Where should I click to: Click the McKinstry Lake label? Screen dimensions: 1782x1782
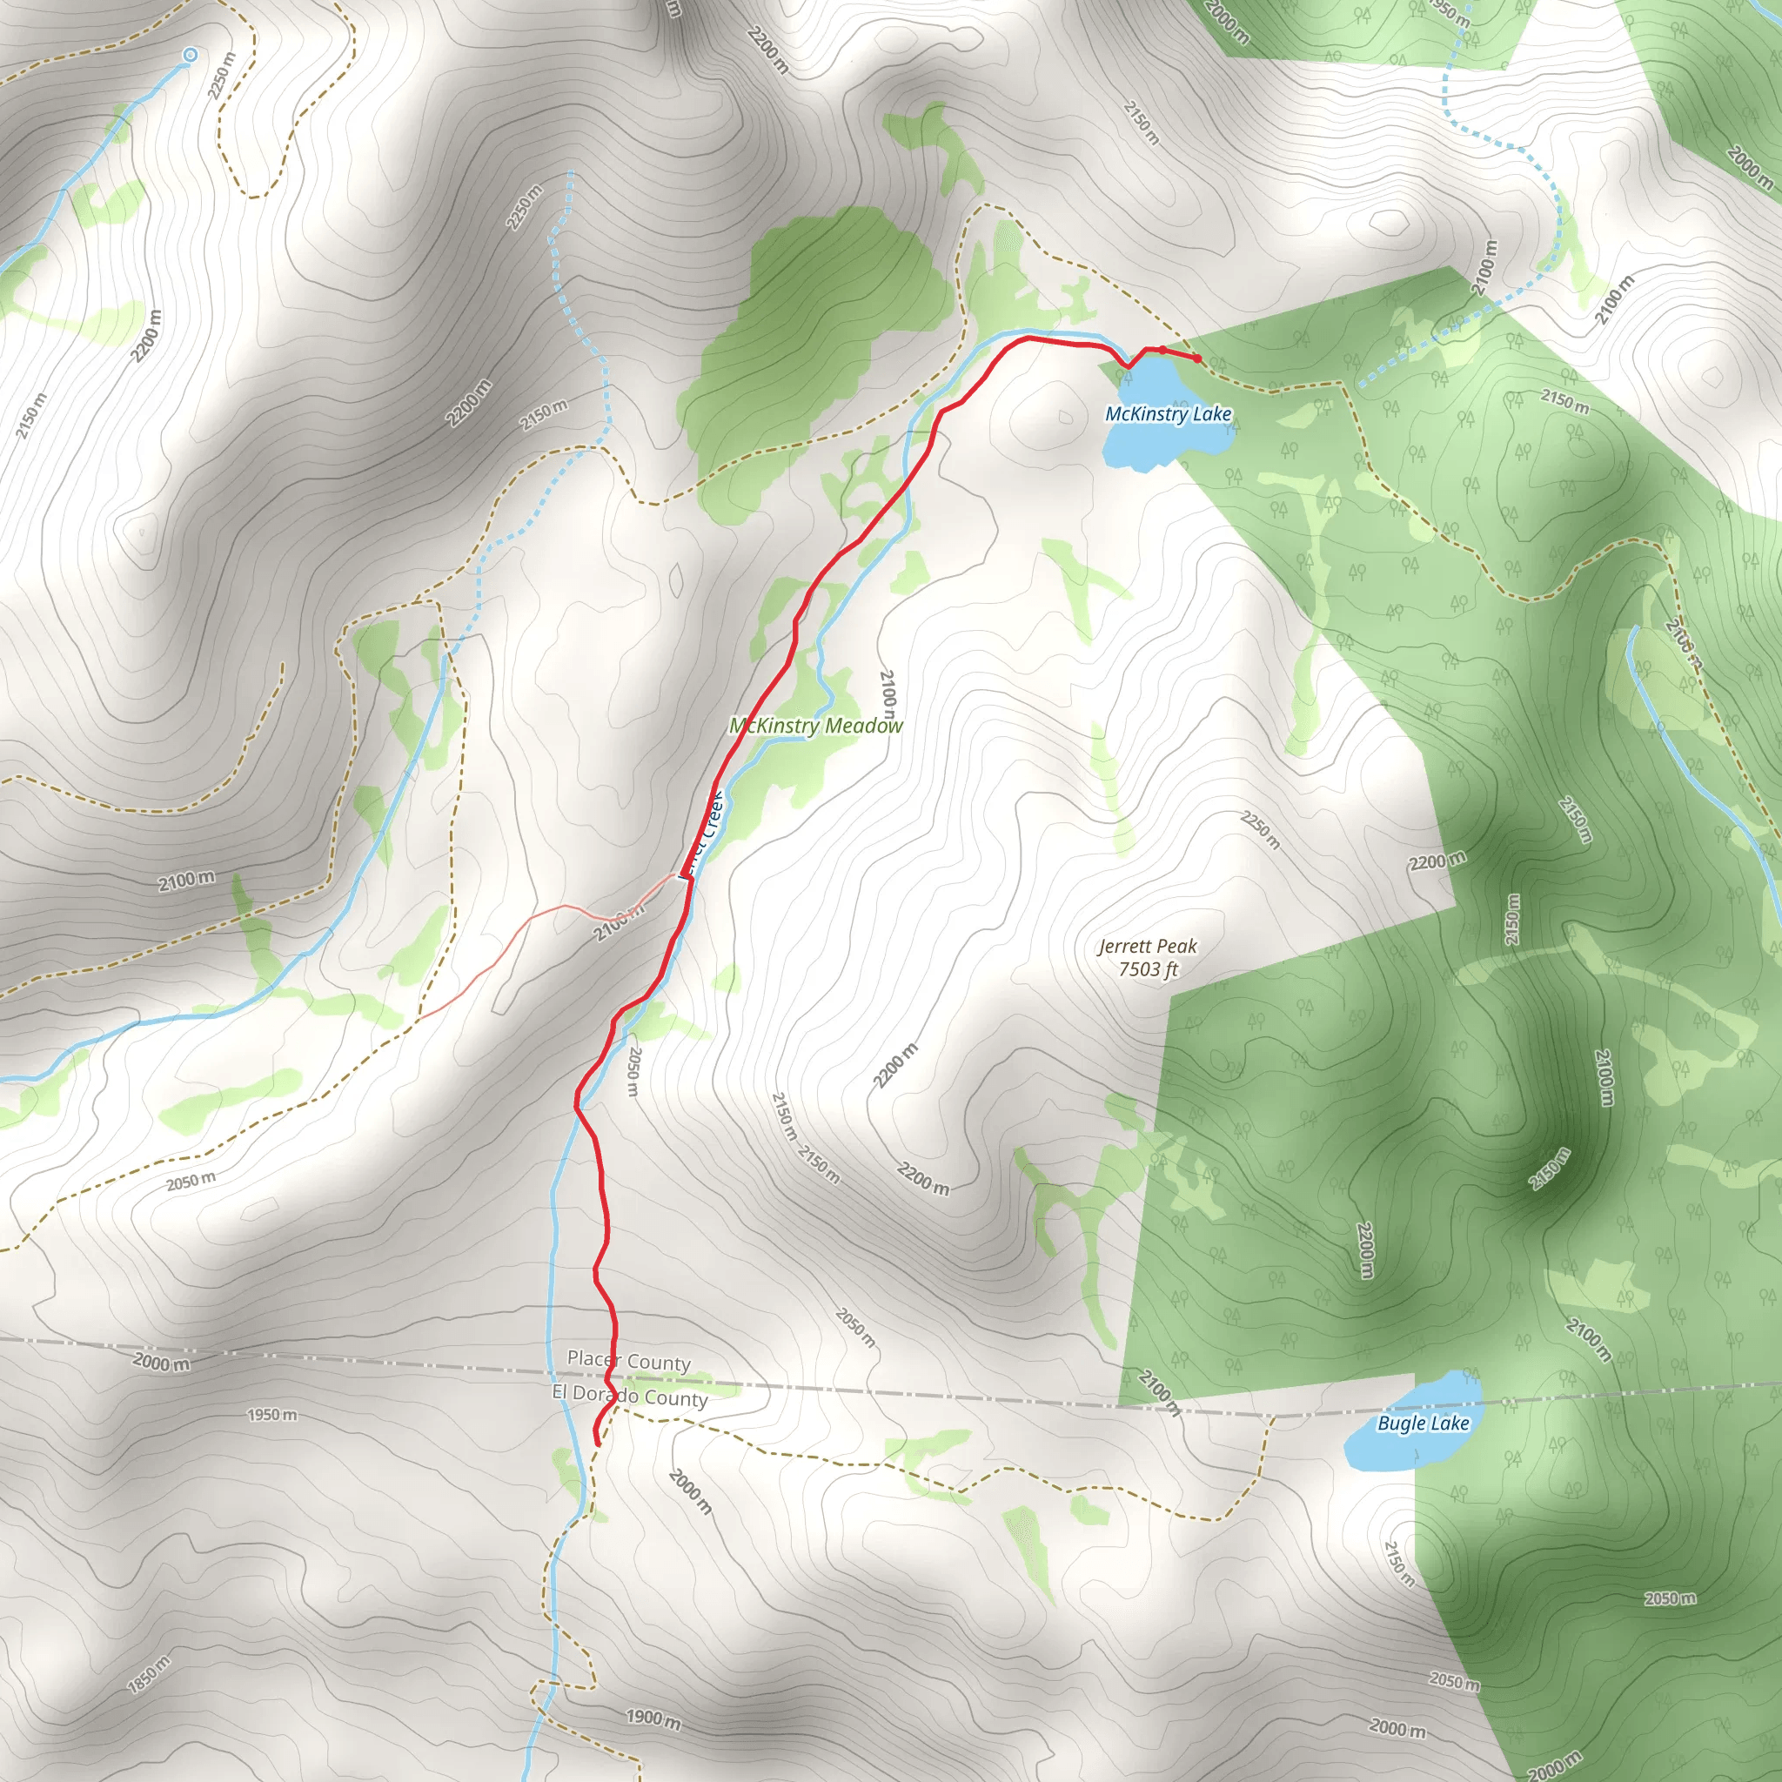[x=1168, y=414]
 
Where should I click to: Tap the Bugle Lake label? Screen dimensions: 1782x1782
[x=1423, y=1424]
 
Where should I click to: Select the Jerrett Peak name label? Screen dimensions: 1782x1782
[x=1148, y=947]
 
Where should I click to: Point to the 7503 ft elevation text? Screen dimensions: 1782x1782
[x=1149, y=969]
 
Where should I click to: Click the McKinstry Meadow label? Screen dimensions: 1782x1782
[x=816, y=726]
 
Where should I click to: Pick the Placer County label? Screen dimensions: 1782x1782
[x=628, y=1361]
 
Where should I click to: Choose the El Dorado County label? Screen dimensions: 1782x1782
[x=630, y=1396]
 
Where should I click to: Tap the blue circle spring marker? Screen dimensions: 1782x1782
[x=190, y=56]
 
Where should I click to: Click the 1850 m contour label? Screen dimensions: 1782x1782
[x=149, y=1674]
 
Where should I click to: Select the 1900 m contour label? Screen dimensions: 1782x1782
[x=653, y=1718]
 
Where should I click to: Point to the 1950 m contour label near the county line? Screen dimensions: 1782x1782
[x=272, y=1415]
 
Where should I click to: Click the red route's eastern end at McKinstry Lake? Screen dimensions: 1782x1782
[x=1197, y=358]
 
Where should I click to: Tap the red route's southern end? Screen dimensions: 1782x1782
[x=599, y=1444]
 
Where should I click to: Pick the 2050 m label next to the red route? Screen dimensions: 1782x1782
[x=633, y=1071]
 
